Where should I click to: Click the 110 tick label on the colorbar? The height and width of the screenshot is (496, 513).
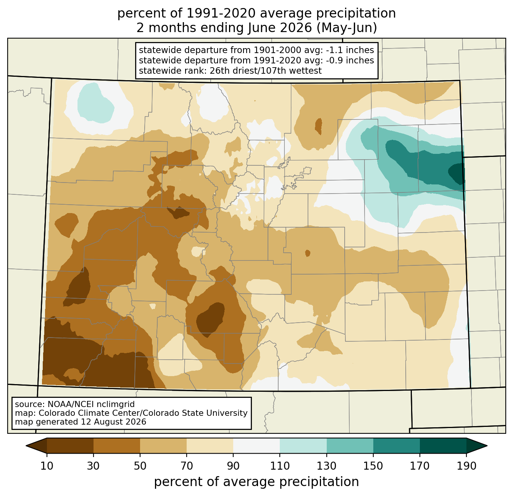point(280,466)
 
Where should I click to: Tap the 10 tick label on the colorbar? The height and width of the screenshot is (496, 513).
point(47,466)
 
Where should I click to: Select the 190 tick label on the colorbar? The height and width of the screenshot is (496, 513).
point(466,466)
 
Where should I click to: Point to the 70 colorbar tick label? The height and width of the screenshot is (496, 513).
point(187,466)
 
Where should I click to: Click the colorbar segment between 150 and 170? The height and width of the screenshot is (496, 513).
point(396,446)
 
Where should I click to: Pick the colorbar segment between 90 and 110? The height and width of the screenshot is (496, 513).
point(256,446)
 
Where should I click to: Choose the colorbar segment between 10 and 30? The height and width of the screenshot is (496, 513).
point(70,446)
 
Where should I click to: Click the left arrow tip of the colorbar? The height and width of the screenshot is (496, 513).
point(26,446)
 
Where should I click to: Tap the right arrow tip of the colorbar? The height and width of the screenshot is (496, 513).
point(487,446)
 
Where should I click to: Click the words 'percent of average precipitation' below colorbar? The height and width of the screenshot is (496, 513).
point(256,482)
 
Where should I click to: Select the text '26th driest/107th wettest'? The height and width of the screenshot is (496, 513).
point(265,71)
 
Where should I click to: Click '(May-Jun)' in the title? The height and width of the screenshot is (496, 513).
point(347,28)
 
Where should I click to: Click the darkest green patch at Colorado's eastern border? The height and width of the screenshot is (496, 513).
point(457,173)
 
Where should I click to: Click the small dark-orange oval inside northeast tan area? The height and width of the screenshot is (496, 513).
point(318,126)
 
